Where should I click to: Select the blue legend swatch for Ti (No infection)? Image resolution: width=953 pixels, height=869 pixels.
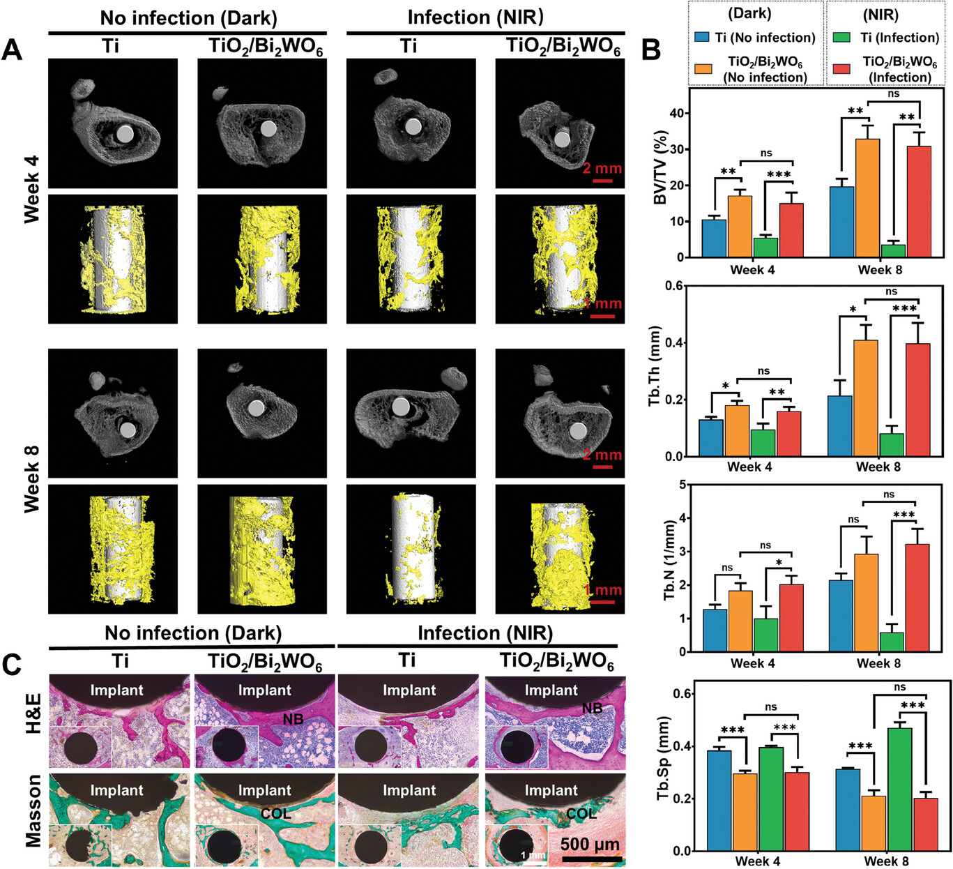pyautogui.click(x=701, y=37)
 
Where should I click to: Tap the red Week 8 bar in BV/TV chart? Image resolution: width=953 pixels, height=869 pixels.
pyautogui.click(x=919, y=202)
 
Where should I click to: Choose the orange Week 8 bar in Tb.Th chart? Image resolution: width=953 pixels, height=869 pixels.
pyautogui.click(x=866, y=398)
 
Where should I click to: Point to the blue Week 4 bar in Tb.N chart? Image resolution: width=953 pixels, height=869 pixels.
pyautogui.click(x=715, y=630)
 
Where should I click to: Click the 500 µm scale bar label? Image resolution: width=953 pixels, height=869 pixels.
pyautogui.click(x=590, y=845)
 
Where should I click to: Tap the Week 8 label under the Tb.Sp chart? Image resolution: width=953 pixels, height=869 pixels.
pyautogui.click(x=886, y=861)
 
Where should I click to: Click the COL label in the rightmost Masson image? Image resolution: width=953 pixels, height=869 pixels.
pyautogui.click(x=581, y=813)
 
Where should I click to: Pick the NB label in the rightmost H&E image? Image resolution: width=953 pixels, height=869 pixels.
pyautogui.click(x=593, y=709)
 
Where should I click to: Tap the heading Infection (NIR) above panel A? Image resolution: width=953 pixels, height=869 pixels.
pyautogui.click(x=475, y=17)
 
